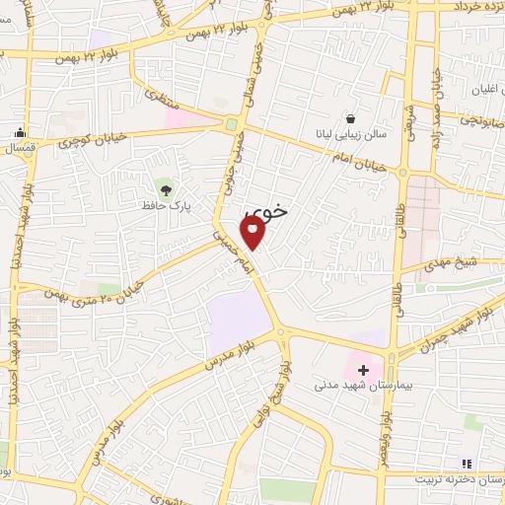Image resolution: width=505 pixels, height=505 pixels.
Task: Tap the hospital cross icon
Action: pyautogui.click(x=363, y=371)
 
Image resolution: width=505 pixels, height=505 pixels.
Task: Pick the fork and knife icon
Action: pyautogui.click(x=467, y=463)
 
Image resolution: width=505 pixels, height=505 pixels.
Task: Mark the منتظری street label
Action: pyautogui.click(x=162, y=101)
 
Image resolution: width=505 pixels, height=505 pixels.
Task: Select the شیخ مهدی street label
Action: pyautogui.click(x=453, y=263)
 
